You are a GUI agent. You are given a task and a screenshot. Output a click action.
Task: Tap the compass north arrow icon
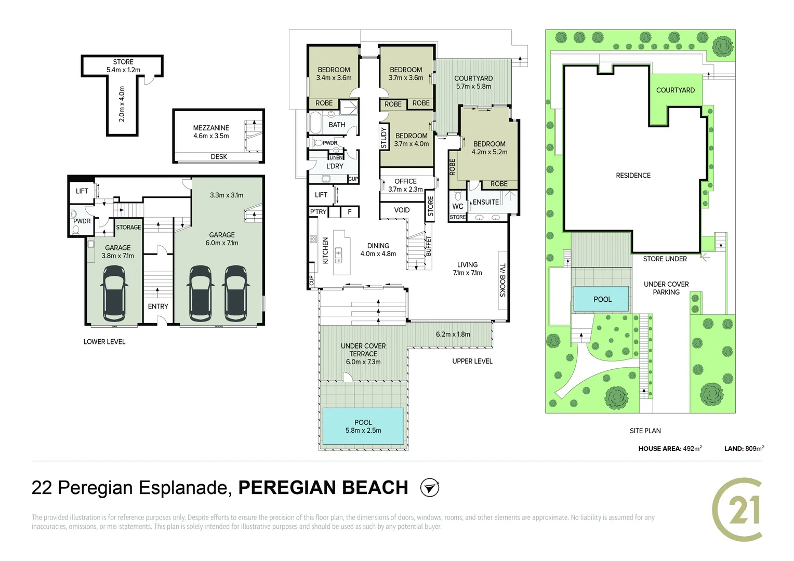(x=430, y=488)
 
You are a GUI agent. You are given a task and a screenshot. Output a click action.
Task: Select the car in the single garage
(x=114, y=293)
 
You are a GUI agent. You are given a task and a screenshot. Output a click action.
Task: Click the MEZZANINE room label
(x=211, y=128)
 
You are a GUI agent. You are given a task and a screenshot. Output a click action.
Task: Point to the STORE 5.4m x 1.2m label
(x=123, y=66)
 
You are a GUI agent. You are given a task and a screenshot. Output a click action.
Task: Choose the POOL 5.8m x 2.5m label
(x=363, y=426)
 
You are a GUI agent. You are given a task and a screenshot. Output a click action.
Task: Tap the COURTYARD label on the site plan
(x=675, y=90)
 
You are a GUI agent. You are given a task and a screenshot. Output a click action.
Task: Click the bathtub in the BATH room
(x=315, y=123)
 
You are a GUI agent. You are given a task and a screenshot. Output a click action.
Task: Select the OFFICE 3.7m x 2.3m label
(x=405, y=185)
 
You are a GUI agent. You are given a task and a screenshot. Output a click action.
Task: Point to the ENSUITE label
(x=486, y=202)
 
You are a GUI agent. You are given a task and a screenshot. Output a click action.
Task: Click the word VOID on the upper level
(x=402, y=210)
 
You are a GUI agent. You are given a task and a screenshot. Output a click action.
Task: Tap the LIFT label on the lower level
(x=82, y=191)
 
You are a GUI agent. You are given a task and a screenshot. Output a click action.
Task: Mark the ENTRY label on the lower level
(x=158, y=306)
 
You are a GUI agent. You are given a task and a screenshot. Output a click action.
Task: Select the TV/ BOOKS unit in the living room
(x=502, y=280)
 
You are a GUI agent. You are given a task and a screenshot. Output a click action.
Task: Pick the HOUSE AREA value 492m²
(x=693, y=448)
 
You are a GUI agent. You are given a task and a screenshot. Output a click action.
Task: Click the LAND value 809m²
(x=755, y=448)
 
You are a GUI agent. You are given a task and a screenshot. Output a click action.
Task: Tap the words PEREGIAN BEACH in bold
(x=323, y=488)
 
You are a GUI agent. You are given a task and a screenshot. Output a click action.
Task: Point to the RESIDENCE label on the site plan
(x=633, y=176)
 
